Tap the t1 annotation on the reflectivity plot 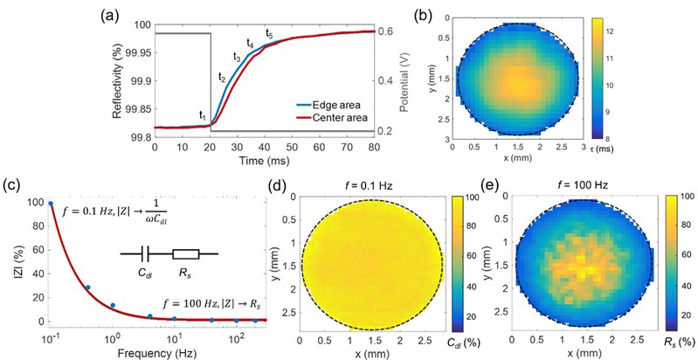[x=203, y=114]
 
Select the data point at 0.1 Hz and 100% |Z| [x=52, y=204]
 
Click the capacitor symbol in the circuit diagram [x=142, y=255]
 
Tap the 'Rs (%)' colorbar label [x=680, y=334]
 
